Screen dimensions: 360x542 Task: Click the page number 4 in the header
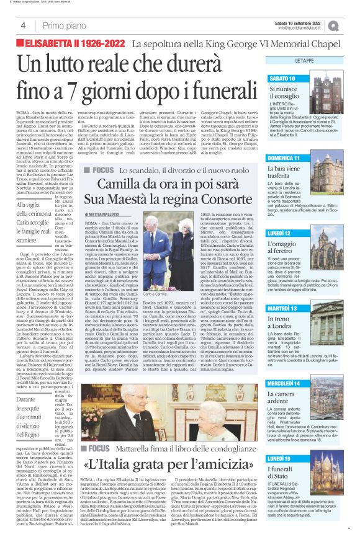click(22, 25)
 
